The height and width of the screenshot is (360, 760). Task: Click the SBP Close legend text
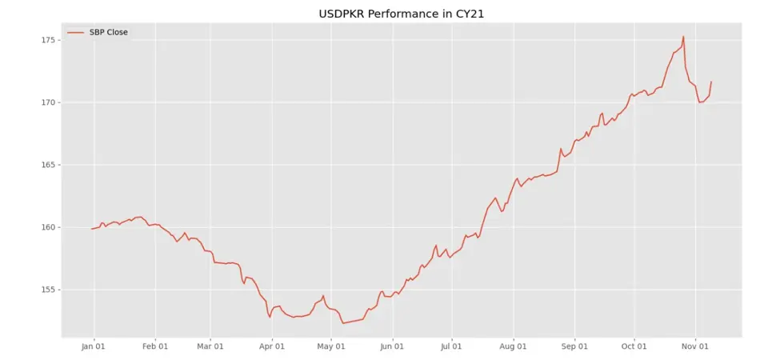(x=108, y=32)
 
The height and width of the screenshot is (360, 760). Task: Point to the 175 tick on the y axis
(x=46, y=40)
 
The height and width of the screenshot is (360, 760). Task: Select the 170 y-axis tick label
(x=46, y=102)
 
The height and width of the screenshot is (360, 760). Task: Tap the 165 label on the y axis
(x=46, y=165)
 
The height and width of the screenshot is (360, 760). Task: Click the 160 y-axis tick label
(x=46, y=227)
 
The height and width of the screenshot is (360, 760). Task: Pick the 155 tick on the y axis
(x=46, y=290)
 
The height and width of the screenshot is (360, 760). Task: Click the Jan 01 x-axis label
(x=94, y=346)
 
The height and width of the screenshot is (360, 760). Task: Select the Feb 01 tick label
(x=155, y=346)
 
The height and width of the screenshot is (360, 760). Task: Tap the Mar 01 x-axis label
(x=210, y=346)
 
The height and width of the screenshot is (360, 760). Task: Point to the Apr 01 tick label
(x=272, y=346)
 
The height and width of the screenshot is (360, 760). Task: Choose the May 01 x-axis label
(x=331, y=346)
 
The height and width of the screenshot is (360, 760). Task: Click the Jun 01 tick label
(x=393, y=346)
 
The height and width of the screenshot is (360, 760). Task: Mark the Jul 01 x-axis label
(x=452, y=346)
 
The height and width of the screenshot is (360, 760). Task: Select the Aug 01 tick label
(x=513, y=346)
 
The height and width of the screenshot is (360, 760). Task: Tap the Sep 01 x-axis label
(x=574, y=346)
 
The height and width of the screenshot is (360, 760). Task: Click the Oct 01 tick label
(x=634, y=346)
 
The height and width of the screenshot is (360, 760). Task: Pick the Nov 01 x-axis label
(x=695, y=346)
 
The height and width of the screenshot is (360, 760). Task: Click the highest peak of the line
(x=683, y=37)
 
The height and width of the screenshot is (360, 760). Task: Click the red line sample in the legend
(x=75, y=32)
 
